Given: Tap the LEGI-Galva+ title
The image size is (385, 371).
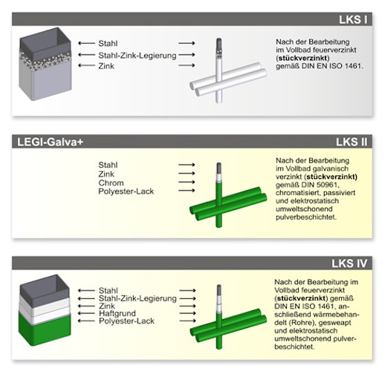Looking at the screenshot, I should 53,141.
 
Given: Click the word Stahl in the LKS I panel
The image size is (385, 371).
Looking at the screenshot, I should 109,43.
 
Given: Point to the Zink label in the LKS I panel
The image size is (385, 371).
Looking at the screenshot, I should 106,66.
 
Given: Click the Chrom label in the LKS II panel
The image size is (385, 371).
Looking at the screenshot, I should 111,183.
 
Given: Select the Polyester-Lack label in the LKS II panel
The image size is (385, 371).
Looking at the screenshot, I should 126,191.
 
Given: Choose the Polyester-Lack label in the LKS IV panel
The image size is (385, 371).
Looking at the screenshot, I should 126,321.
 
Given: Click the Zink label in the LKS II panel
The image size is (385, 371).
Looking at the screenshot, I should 109,174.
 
